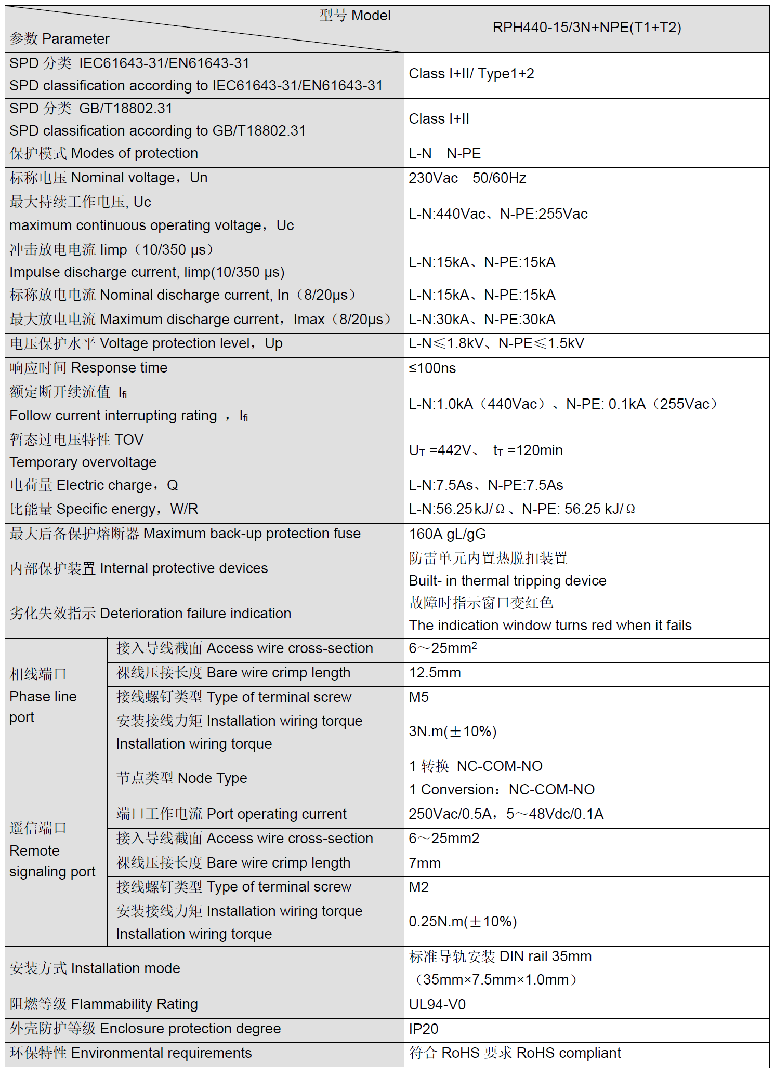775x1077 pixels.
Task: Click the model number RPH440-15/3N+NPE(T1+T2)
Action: coord(586,28)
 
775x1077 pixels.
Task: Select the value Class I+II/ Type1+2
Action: coord(471,74)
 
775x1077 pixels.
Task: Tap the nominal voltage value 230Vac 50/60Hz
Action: coord(467,178)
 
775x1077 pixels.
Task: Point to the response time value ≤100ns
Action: coord(432,368)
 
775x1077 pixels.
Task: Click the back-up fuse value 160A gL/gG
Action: coord(447,534)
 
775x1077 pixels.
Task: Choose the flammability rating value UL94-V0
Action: coord(437,1004)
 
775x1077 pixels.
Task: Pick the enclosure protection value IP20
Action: coord(423,1029)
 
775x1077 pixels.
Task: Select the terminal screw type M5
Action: coord(418,697)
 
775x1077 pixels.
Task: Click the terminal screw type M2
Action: coord(418,887)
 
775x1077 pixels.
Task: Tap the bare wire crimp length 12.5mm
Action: coord(435,673)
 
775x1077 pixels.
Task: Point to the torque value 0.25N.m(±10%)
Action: coord(463,922)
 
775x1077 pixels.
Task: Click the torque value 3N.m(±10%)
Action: coord(452,732)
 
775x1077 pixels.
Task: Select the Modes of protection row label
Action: coord(103,153)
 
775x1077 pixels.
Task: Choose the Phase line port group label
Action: coord(43,696)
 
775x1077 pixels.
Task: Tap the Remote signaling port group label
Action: coord(52,850)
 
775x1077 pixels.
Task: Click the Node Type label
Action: coord(181,778)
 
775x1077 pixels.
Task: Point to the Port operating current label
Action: coord(231,814)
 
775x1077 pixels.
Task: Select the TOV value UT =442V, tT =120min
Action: coord(485,450)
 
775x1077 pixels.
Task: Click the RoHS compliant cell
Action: coord(515,1053)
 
